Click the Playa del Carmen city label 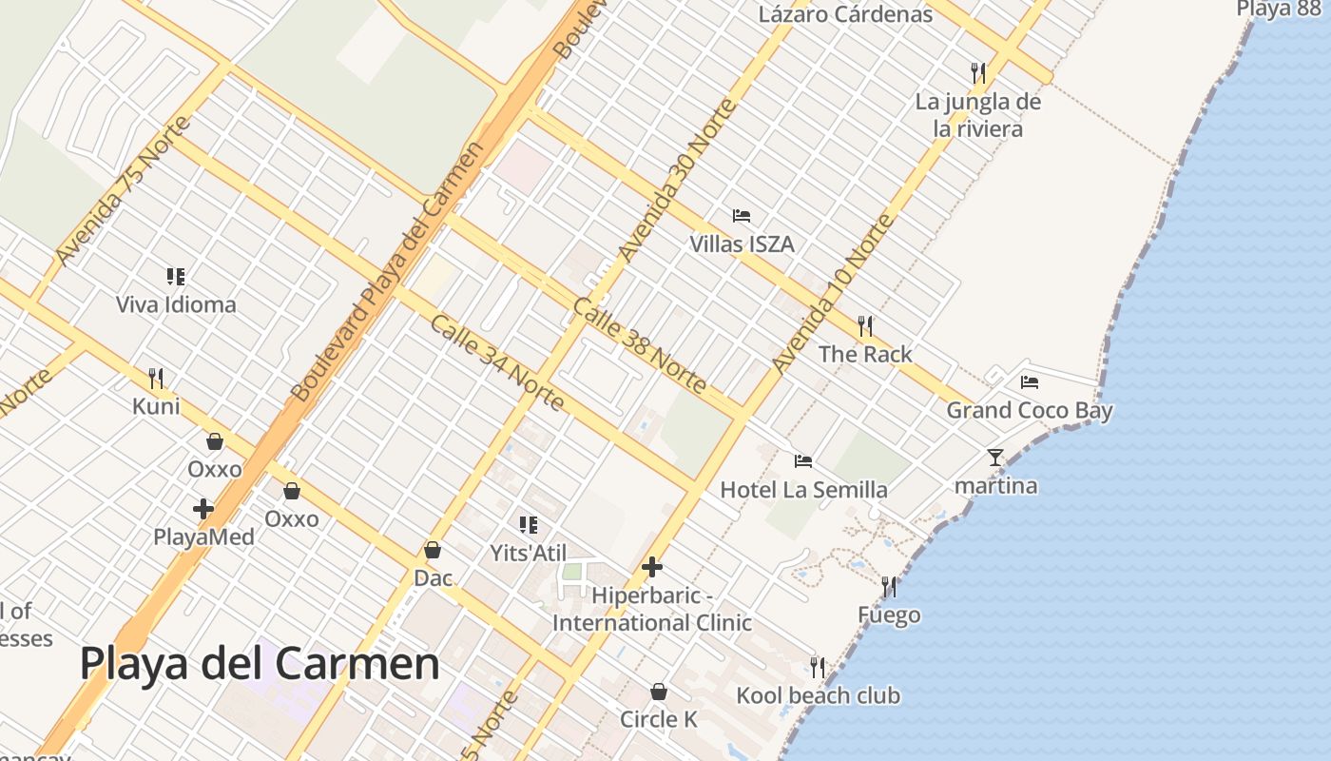point(260,664)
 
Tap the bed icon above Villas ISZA point(742,216)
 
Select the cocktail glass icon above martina point(995,458)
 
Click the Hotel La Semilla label point(803,490)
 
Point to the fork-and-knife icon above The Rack point(865,326)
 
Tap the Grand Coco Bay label point(1029,411)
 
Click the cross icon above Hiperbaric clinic point(652,568)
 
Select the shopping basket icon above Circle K point(659,692)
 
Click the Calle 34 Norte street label point(497,362)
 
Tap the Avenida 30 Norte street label point(677,181)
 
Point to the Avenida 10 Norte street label point(833,294)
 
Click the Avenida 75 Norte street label point(123,191)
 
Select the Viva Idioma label point(176,305)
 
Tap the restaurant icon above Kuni point(156,378)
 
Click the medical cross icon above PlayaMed point(203,509)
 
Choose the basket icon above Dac point(433,550)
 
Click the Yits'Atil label point(528,554)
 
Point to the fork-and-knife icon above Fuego point(889,586)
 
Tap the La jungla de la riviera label point(978,115)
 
